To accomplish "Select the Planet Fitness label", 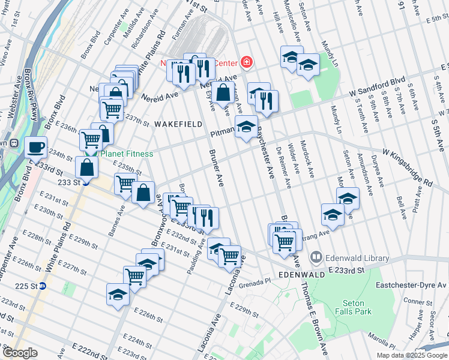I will pyautogui.click(x=126, y=154).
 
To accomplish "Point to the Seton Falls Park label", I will pyautogui.click(x=357, y=307).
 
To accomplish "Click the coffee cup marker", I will pyautogui.click(x=36, y=146).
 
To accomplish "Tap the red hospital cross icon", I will pyautogui.click(x=246, y=61).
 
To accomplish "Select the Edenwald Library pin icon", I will pyautogui.click(x=318, y=258).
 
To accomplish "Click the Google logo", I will pyautogui.click(x=20, y=352).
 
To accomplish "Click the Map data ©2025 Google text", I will pyautogui.click(x=411, y=355).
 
